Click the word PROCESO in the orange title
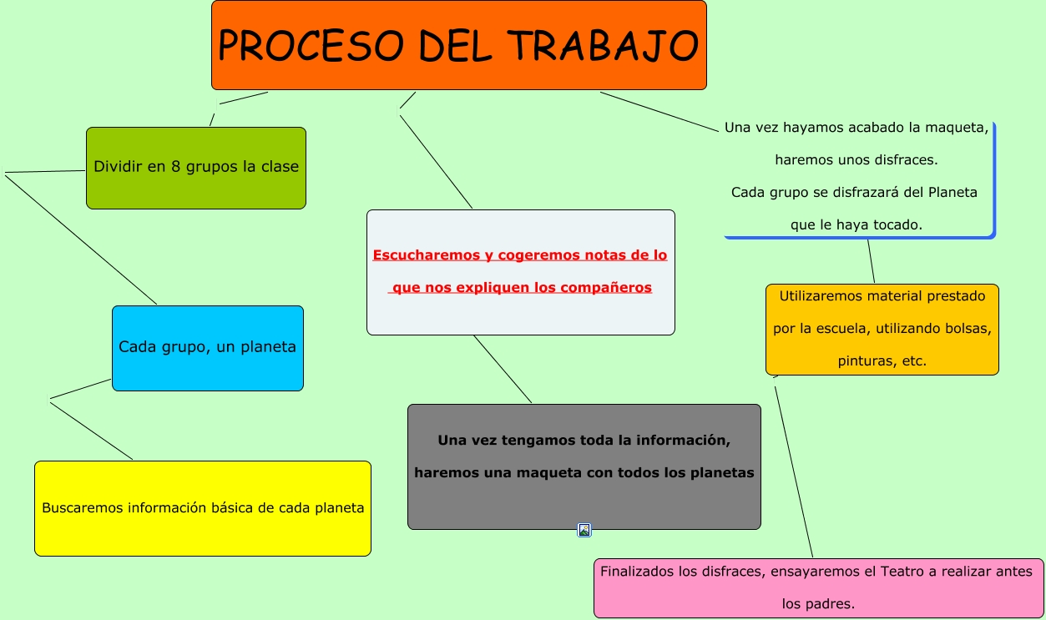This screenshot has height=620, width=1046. pyautogui.click(x=311, y=45)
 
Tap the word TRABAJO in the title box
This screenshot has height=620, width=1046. pyautogui.click(x=603, y=45)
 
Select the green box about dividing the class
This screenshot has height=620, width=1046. pyautogui.click(x=196, y=168)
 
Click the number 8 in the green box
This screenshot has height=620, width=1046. pyautogui.click(x=175, y=167)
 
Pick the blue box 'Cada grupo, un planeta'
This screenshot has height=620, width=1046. pyautogui.click(x=208, y=348)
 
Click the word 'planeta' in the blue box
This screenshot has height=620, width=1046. pyautogui.click(x=268, y=347)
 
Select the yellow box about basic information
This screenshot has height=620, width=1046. pyautogui.click(x=203, y=508)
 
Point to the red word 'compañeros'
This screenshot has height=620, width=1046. pyautogui.click(x=606, y=288)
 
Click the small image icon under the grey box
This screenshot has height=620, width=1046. pyautogui.click(x=584, y=531)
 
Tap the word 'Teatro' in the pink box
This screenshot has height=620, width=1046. pyautogui.click(x=903, y=572)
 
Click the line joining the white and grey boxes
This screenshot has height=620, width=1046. pyautogui.click(x=503, y=369)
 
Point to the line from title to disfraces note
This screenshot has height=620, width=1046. pyautogui.click(x=659, y=112)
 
